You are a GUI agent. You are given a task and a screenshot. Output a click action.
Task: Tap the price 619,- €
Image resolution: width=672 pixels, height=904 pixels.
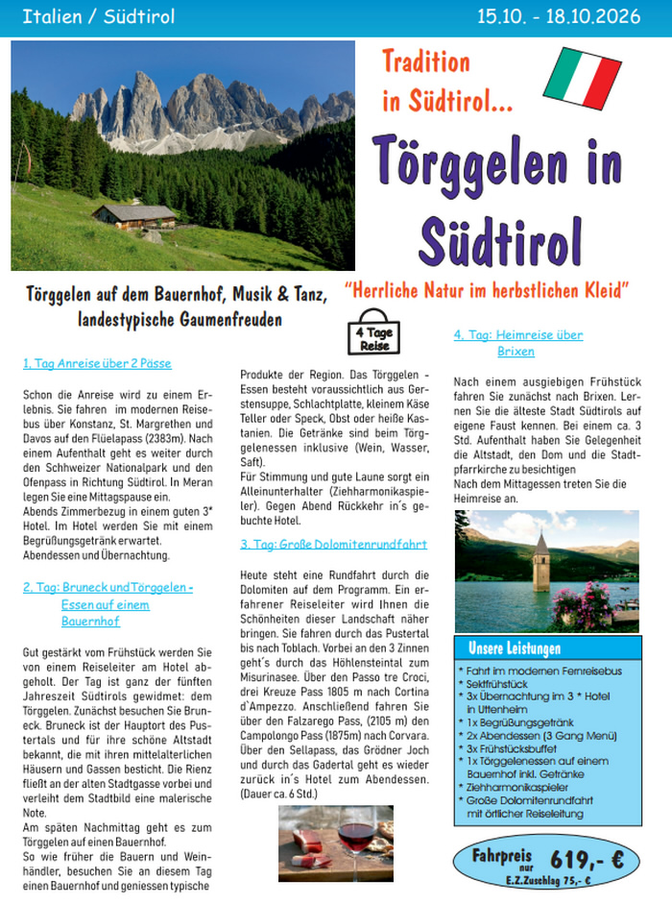587,859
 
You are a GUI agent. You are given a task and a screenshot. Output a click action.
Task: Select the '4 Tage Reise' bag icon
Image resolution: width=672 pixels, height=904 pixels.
373,335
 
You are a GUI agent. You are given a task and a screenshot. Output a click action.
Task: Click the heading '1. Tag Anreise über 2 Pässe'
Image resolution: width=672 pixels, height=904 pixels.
97,364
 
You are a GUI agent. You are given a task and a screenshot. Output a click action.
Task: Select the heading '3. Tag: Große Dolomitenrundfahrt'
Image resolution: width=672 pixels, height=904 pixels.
334,544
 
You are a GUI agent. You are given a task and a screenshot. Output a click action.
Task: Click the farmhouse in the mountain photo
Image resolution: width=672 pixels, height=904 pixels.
133,215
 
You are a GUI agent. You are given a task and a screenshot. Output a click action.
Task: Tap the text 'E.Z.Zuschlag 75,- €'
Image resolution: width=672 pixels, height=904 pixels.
548,881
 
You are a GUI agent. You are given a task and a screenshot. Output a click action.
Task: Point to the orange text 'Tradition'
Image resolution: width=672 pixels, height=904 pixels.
426,63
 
